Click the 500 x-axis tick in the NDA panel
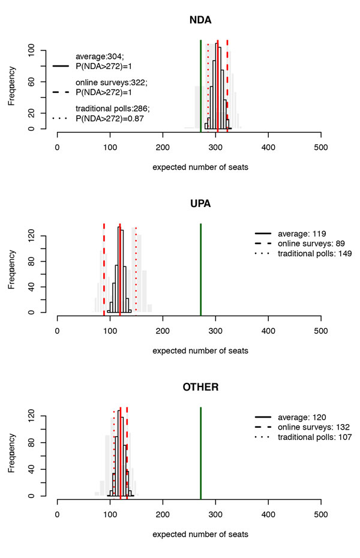[x=321, y=146]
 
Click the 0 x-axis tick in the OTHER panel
[x=58, y=513]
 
